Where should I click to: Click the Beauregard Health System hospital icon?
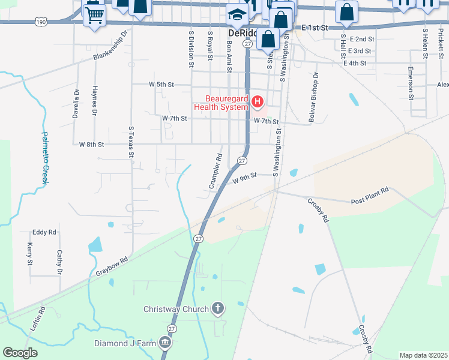(258, 103)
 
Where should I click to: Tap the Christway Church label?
(176, 310)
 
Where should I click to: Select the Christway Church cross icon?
(218, 309)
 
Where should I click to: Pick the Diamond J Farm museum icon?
(165, 344)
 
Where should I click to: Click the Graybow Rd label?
(112, 267)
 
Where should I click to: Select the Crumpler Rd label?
(216, 172)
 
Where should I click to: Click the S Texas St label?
(131, 142)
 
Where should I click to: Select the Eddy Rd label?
(44, 232)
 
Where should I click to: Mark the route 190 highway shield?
(41, 22)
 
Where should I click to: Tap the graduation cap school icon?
(237, 14)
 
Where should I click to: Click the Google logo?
(20, 353)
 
